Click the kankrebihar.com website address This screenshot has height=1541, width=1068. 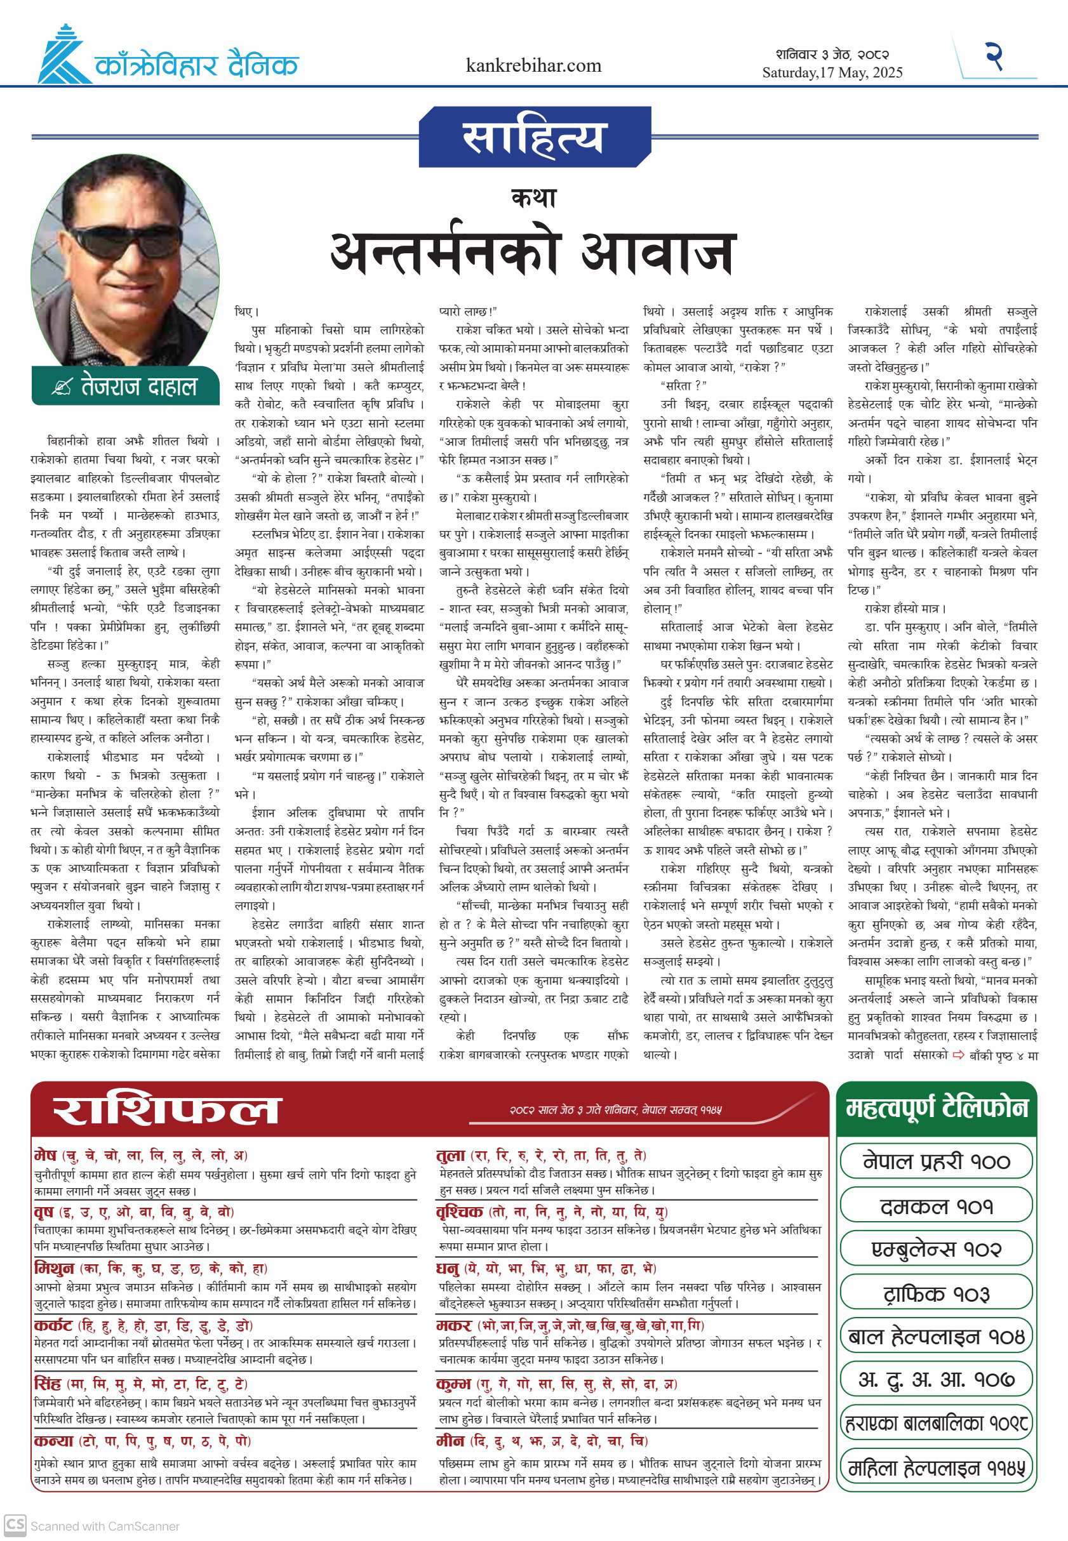coord(533,65)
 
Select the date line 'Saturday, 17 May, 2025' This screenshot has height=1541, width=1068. coord(832,72)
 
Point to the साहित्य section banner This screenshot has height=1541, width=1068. coord(533,137)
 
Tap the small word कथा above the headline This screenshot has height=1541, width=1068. coord(533,198)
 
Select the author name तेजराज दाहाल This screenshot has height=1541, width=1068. coord(138,387)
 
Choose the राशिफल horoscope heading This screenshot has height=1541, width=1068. coord(166,1109)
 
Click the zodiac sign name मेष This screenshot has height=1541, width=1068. coord(46,1155)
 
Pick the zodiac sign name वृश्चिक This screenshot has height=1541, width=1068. coord(459,1211)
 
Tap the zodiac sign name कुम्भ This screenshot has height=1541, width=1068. coord(453,1383)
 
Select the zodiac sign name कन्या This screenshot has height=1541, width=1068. coord(53,1440)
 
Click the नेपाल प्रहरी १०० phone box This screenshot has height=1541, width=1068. coord(935,1161)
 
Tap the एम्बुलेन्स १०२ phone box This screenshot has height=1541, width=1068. coord(935,1250)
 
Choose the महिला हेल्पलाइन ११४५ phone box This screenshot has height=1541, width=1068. coord(935,1468)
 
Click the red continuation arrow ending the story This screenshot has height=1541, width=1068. coord(958,1055)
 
